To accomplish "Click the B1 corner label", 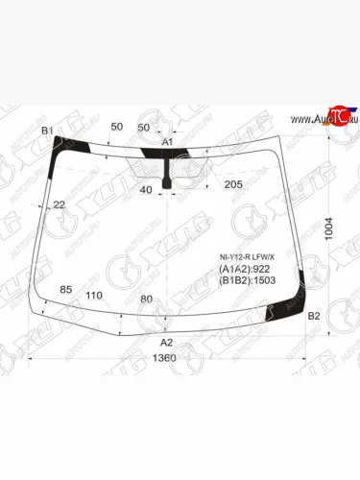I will click(x=47, y=132).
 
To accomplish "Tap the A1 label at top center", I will click(x=167, y=142).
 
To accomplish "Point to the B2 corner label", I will click(x=313, y=316).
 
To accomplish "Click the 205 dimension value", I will click(x=232, y=184).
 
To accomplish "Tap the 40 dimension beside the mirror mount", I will click(x=146, y=190).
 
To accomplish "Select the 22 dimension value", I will click(x=60, y=204).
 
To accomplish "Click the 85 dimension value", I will click(x=66, y=289).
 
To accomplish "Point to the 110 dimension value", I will click(x=94, y=295).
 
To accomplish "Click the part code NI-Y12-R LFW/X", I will click(x=247, y=257).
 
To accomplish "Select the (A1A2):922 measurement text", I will click(x=245, y=270).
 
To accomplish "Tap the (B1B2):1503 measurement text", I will click(x=247, y=282).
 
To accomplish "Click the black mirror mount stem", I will click(x=169, y=179).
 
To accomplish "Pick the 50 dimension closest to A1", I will click(x=145, y=128).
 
